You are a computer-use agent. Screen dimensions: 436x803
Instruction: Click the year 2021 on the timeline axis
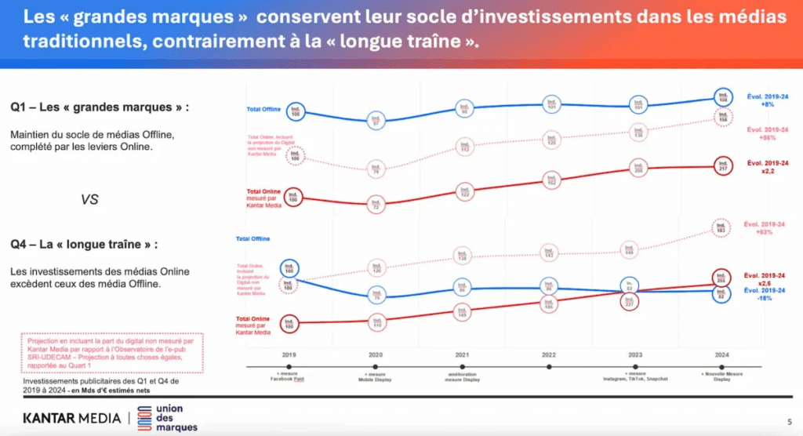click(463, 354)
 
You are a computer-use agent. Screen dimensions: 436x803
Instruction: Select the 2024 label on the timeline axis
click(721, 354)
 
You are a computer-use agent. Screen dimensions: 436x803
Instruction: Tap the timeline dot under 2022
click(549, 366)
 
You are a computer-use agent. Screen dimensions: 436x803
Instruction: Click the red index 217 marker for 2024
click(722, 165)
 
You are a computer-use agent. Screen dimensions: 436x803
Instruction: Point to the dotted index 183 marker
click(721, 227)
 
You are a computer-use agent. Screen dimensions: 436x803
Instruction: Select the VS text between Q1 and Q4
click(89, 199)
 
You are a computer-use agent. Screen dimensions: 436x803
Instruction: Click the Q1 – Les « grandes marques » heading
click(89, 107)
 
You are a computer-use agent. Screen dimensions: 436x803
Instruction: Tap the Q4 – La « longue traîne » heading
click(84, 245)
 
